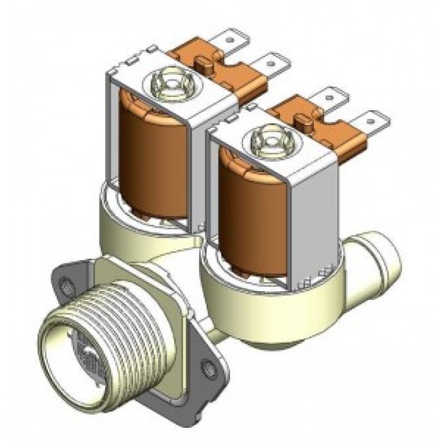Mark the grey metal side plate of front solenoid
point(315,208)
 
